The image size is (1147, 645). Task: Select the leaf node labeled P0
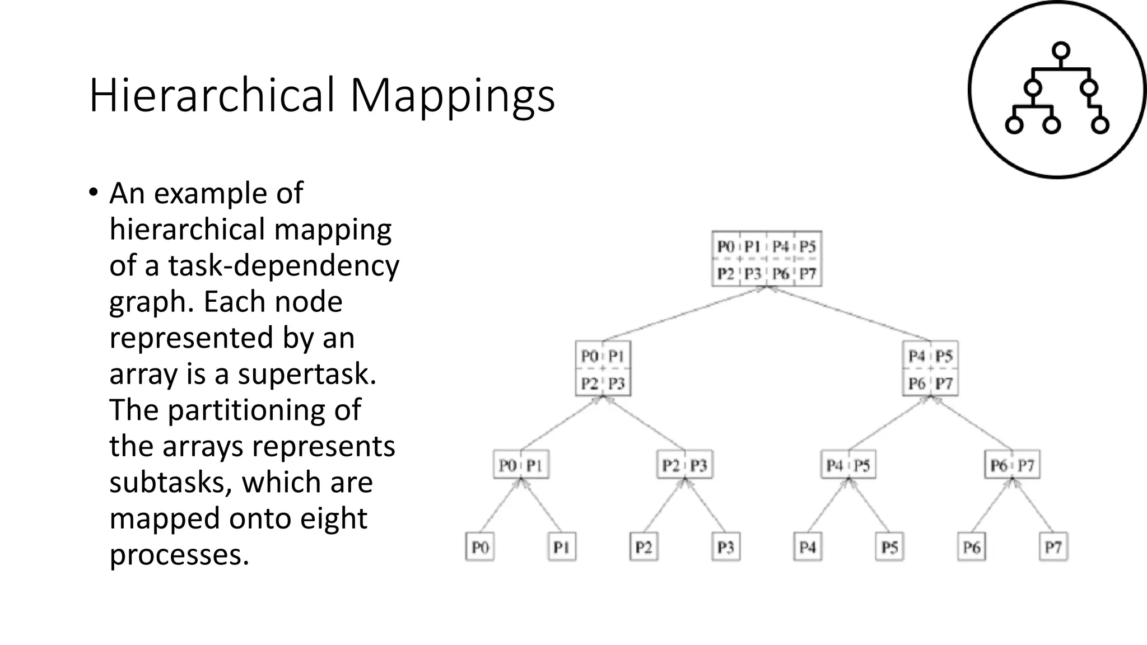pos(480,547)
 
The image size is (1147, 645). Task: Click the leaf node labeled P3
pos(725,547)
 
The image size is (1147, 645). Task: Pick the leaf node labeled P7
pos(1053,547)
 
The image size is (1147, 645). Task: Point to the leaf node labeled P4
pos(808,547)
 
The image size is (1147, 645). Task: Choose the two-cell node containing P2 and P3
pos(684,465)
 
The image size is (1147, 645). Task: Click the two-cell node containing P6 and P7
pos(1012,465)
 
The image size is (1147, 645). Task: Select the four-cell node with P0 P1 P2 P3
pos(603,369)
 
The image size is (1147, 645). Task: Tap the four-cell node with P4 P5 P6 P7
pos(930,369)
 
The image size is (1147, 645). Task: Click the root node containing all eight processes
pos(767,259)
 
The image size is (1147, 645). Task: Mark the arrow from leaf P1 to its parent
pos(542,505)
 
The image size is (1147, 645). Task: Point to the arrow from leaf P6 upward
pos(992,505)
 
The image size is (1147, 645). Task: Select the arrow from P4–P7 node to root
pos(848,314)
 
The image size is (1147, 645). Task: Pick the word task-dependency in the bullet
pos(283,266)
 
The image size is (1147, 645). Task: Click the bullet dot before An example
pos(93,193)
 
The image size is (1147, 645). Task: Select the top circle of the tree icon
pos(1060,51)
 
